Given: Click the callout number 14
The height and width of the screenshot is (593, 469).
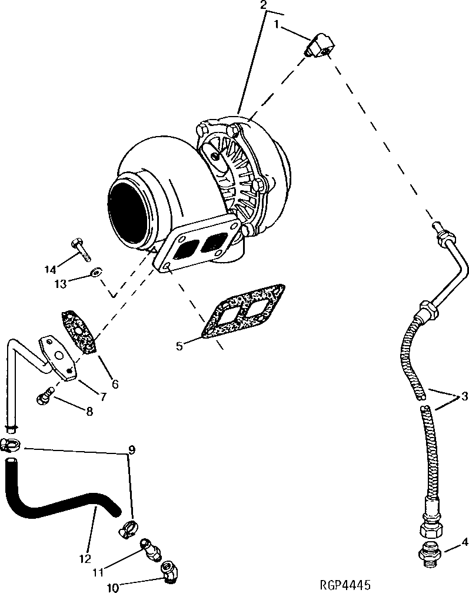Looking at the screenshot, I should [x=50, y=270].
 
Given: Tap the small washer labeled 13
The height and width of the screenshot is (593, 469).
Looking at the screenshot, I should [x=96, y=273].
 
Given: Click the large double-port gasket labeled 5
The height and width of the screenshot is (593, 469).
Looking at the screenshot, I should [x=242, y=313].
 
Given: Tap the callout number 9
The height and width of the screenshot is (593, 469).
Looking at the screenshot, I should [x=132, y=450].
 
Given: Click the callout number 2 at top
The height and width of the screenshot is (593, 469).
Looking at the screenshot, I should [x=264, y=5].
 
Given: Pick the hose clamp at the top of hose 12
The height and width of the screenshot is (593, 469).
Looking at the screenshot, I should [x=10, y=445].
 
